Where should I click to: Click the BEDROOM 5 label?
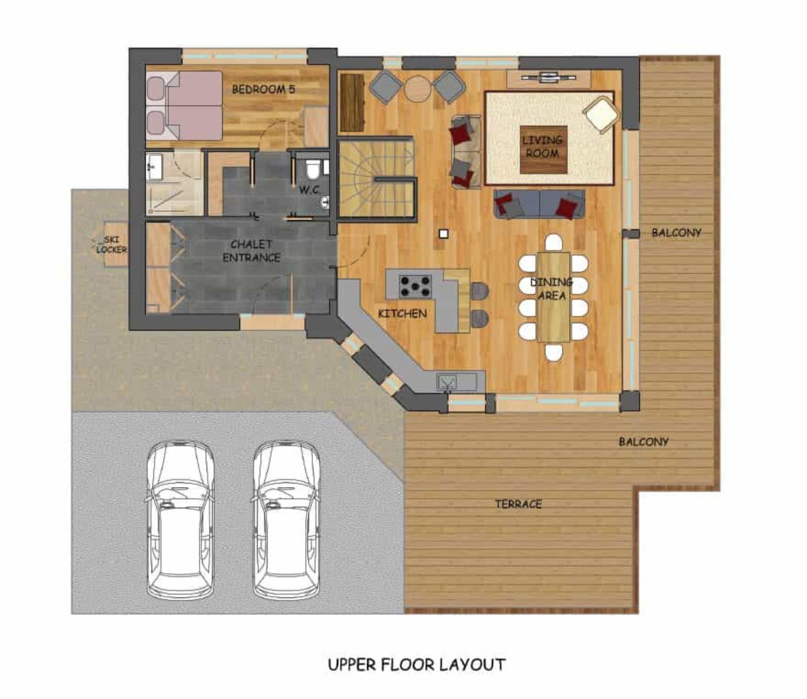263,89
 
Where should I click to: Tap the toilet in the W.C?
313,169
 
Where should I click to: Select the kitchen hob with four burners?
415,286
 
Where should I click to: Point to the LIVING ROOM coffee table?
543,149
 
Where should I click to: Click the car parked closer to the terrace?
287,520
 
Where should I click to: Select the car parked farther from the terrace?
181,520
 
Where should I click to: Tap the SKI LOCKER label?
111,245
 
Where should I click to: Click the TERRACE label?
518,504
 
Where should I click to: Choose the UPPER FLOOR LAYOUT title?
417,665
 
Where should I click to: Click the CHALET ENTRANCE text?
251,251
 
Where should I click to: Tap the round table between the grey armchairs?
418,88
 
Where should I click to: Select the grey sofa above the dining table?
539,204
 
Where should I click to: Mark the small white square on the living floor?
443,234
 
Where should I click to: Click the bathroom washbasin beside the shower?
153,166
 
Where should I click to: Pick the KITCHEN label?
402,314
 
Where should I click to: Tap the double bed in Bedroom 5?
184,106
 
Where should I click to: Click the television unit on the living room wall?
548,79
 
